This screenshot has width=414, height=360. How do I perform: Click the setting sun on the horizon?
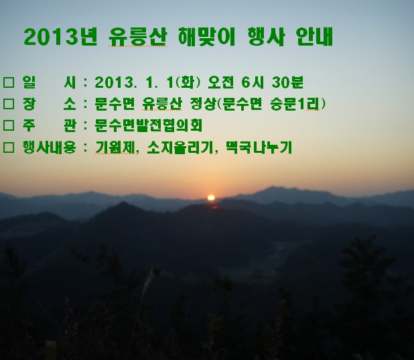click(x=211, y=198)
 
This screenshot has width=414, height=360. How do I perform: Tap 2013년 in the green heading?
click(x=60, y=36)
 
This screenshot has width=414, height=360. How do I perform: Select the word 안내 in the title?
click(x=314, y=36)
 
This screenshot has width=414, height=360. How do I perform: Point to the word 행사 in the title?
click(x=266, y=36)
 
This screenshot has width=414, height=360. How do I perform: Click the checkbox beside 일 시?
click(x=9, y=82)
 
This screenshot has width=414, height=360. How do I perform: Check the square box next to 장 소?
click(x=9, y=104)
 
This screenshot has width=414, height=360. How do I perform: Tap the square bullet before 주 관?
click(x=9, y=125)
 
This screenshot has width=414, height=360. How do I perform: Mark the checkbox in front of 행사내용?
click(x=9, y=147)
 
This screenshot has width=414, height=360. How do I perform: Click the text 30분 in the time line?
click(x=287, y=82)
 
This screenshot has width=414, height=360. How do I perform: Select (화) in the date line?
click(x=188, y=82)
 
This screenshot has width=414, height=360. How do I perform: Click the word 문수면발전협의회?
click(x=149, y=125)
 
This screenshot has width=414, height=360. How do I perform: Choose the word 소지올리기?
click(x=180, y=147)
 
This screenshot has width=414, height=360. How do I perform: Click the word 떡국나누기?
click(x=259, y=147)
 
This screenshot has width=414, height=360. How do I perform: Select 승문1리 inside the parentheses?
click(x=295, y=104)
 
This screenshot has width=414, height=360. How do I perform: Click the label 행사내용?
click(x=50, y=147)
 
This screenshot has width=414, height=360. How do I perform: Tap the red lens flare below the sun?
click(x=214, y=208)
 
